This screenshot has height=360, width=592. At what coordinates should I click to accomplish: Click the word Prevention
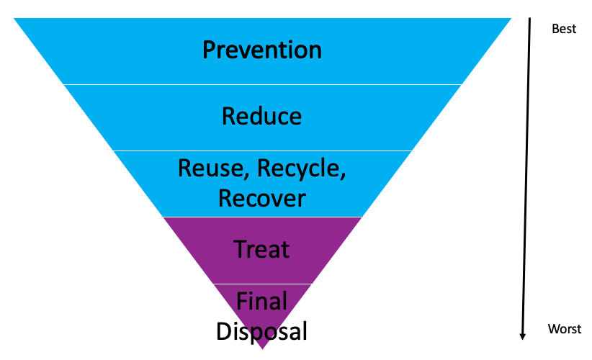(x=262, y=50)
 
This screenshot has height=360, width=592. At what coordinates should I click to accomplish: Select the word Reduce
(x=261, y=116)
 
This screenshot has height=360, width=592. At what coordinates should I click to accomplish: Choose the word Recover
(x=262, y=198)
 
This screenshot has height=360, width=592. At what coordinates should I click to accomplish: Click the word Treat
(x=261, y=249)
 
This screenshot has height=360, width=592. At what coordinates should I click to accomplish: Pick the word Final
(x=261, y=301)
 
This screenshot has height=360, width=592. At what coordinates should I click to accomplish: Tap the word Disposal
(x=261, y=332)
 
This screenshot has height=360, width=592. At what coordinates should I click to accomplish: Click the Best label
(x=564, y=29)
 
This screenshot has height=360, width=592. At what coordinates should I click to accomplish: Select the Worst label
(x=565, y=328)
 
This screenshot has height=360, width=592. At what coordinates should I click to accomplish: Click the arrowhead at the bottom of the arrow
(x=523, y=336)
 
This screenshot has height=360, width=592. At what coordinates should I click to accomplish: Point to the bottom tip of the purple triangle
(x=262, y=349)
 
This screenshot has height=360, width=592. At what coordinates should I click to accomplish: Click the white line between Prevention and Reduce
(x=262, y=84)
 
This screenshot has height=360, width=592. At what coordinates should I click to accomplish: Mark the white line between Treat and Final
(x=262, y=284)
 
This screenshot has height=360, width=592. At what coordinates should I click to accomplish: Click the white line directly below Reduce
(x=262, y=150)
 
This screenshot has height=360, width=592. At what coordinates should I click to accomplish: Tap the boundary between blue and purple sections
(x=262, y=217)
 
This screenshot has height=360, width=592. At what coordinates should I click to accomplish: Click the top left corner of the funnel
(x=14, y=18)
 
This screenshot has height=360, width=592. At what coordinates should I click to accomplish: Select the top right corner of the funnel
(x=511, y=18)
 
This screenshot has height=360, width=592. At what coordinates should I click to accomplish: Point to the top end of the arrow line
(x=529, y=18)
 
